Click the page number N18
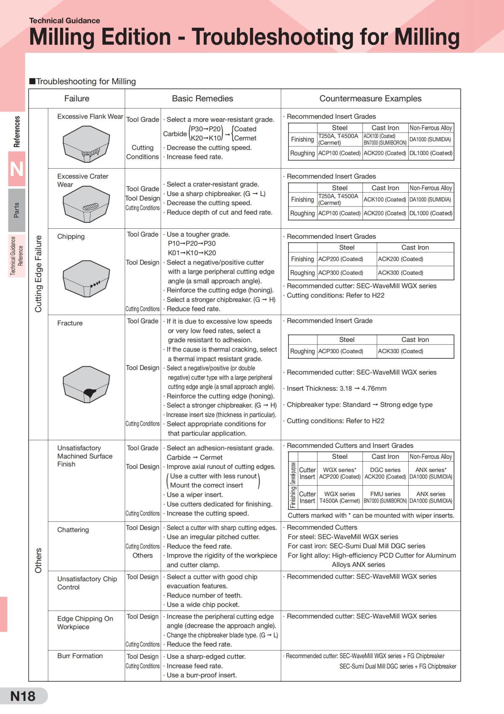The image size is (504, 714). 23,696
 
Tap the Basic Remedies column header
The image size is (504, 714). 202,98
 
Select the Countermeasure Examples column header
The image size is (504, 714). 370,98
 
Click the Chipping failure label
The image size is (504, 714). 71,236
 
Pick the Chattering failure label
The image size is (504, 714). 73,530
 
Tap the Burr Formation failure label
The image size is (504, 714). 80,656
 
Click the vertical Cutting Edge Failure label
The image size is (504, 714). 38,274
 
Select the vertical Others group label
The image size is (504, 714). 38,560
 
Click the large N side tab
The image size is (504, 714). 16,169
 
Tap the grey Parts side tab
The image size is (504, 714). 16,210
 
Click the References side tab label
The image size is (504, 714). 17,132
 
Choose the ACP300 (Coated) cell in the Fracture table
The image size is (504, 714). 340,351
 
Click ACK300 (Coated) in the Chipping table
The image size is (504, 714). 400,272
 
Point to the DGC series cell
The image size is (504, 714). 385,470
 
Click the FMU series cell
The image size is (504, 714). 385,494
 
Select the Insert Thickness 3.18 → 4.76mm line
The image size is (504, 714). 336,389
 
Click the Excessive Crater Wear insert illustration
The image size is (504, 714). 86,204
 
